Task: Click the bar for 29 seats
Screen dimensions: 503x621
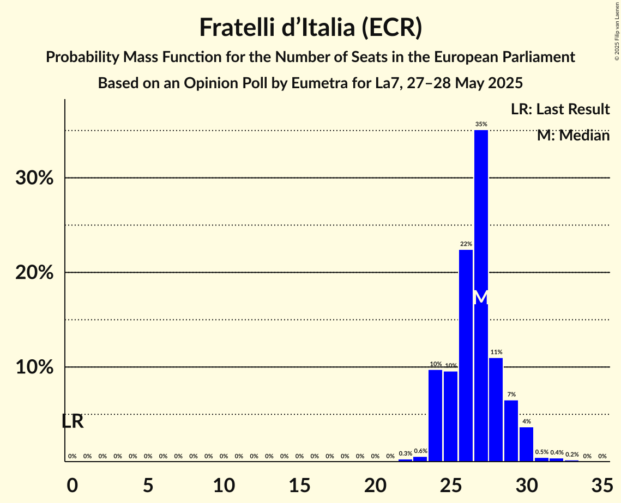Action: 511,431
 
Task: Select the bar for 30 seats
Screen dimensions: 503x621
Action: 526,444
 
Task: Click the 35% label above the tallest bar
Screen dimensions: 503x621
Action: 481,125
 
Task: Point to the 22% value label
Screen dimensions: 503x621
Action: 466,244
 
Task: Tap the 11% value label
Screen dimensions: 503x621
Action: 496,352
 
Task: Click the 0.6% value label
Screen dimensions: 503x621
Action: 420,451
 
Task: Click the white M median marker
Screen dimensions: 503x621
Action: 481,298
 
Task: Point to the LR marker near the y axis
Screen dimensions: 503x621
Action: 72,421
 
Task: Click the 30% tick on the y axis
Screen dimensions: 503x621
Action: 34,178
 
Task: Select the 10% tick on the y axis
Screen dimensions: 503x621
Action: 34,367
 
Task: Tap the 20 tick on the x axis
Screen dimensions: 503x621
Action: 375,484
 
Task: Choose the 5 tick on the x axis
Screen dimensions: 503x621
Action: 148,484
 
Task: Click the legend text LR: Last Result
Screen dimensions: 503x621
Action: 560,109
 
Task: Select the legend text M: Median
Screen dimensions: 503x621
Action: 573,136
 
